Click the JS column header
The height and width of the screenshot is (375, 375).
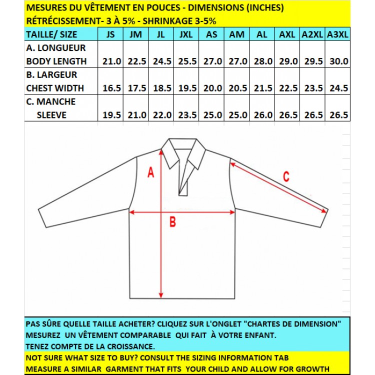point(111,34)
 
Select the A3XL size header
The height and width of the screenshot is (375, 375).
point(337,34)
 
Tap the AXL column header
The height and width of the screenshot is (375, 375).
point(287,34)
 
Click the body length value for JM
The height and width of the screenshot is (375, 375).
point(137,61)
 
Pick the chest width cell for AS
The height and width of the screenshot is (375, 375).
point(212,88)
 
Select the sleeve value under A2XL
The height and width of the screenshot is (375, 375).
point(312,115)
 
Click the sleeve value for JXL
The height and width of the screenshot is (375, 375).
point(187,115)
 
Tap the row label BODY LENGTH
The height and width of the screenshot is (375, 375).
point(56,61)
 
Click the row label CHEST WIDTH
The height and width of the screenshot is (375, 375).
point(55,88)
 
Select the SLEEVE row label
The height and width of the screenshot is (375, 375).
point(51,115)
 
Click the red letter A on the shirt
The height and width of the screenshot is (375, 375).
point(150,173)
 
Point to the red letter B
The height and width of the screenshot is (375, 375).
point(172,223)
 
